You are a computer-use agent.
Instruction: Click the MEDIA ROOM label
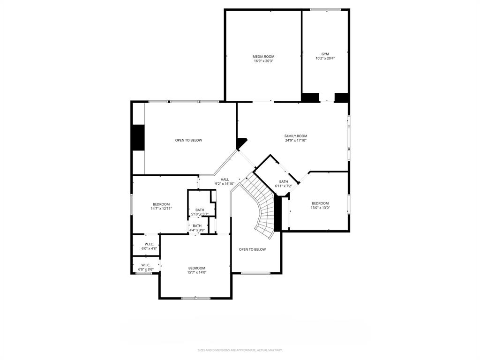(263, 56)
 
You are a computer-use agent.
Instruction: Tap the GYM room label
(325, 54)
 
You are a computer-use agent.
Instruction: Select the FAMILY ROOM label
(295, 136)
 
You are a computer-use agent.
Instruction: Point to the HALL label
(225, 180)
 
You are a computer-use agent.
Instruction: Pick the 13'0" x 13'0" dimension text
(320, 208)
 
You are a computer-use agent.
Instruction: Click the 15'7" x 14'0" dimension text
(197, 272)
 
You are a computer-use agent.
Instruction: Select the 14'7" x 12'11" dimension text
(161, 209)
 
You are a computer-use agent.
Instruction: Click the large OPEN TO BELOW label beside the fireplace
(188, 140)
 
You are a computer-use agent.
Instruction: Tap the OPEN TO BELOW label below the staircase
(252, 249)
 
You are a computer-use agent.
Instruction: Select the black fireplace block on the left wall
(138, 137)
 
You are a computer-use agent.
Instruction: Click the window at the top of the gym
(325, 9)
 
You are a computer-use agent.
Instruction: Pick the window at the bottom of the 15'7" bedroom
(195, 298)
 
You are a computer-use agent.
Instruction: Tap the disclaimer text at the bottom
(240, 350)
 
